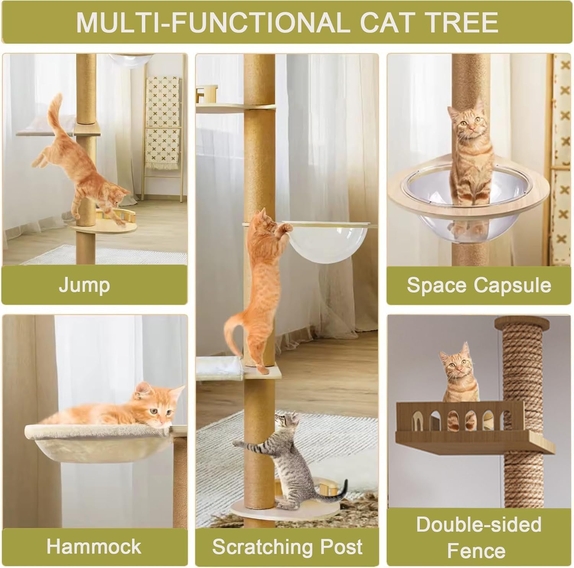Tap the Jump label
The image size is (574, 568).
(84, 285)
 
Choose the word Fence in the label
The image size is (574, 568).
(476, 551)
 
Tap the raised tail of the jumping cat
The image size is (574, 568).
(55, 111)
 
